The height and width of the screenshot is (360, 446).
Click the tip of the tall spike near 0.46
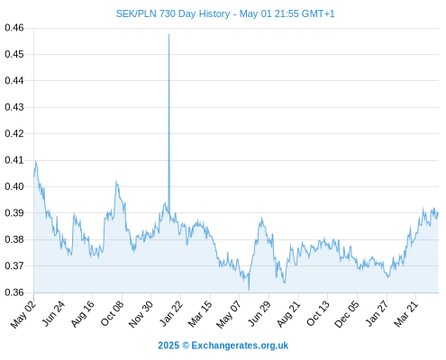[x=168, y=34]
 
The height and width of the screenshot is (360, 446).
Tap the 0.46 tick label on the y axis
[x=14, y=28]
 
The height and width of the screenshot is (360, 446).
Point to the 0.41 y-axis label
[x=14, y=160]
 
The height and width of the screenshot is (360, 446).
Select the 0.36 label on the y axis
[x=14, y=292]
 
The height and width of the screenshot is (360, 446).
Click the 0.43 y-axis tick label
[x=14, y=107]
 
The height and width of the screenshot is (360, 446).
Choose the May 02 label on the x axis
[x=23, y=314]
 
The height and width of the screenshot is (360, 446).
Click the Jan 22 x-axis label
[x=171, y=313]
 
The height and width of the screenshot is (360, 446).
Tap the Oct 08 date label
[x=112, y=313]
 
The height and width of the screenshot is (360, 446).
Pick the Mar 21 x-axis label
[x=406, y=313]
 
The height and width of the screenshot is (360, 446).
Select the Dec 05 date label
[x=347, y=314]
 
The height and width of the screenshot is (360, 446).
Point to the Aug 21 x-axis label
[x=288, y=314]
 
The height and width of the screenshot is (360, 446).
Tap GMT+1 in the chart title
[x=318, y=13]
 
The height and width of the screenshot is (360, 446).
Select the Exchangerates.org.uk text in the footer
[x=240, y=346]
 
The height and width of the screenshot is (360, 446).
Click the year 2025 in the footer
[x=168, y=346]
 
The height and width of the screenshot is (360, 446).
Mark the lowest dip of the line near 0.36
[x=249, y=290]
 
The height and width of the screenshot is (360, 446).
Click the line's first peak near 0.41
[x=35, y=161]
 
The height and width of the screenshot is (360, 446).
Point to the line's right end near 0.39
[x=438, y=213]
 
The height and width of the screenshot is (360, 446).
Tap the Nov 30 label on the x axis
[x=141, y=314]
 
